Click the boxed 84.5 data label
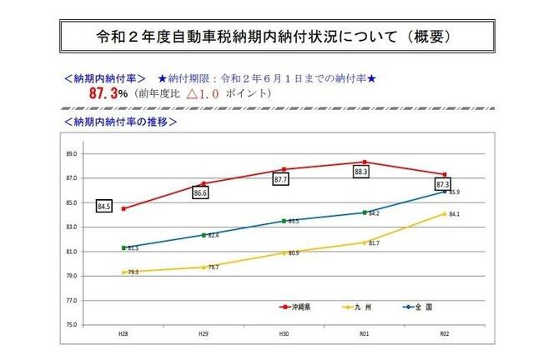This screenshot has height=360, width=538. click(104, 206)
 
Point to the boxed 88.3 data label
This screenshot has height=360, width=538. click(361, 172)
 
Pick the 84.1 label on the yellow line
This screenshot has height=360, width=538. click(455, 214)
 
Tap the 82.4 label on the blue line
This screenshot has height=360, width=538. click(213, 236)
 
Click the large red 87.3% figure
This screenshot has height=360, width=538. click(108, 94)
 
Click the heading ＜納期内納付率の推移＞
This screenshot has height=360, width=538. click(119, 121)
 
